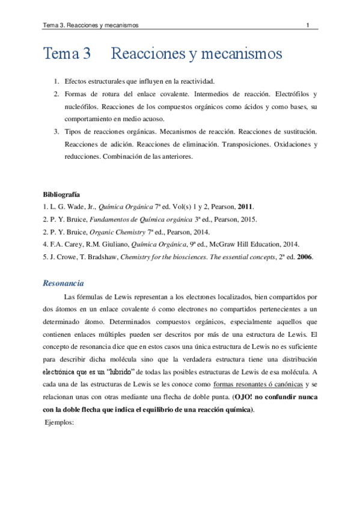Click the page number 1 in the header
click(308, 25)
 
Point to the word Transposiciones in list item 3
click(254, 146)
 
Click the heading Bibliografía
click(61, 195)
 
